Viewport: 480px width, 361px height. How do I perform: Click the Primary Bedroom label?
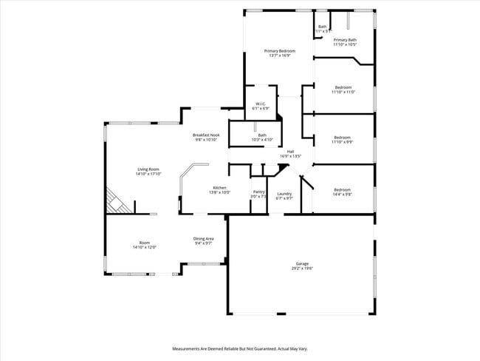coord(280,50)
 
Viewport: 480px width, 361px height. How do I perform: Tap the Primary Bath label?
coord(345,40)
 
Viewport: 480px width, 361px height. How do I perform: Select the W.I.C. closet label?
coord(261,104)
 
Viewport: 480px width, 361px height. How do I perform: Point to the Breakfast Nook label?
coord(206,135)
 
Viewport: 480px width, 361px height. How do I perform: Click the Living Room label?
coord(148,169)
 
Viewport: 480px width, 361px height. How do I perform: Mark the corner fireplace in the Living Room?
coord(117,200)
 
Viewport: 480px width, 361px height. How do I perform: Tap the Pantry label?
coord(258,192)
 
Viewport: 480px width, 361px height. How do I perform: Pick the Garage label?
coord(302,263)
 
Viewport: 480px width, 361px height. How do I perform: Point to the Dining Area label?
coord(204,238)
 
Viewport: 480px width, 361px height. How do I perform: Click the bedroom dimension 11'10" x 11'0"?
coord(343,92)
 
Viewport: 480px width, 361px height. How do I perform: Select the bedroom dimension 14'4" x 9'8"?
coord(342,194)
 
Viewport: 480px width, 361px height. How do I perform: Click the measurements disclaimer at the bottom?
coord(239,348)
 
